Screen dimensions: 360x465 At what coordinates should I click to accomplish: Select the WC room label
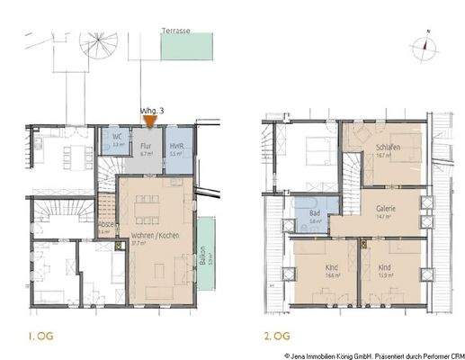pyautogui.click(x=117, y=137)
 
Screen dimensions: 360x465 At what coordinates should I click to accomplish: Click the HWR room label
pyautogui.click(x=176, y=147)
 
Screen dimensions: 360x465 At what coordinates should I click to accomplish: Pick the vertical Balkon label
pyautogui.click(x=203, y=259)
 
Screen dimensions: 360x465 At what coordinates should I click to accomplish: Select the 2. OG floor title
pyautogui.click(x=276, y=337)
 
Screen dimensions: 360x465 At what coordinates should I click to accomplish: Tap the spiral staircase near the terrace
pyautogui.click(x=97, y=45)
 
